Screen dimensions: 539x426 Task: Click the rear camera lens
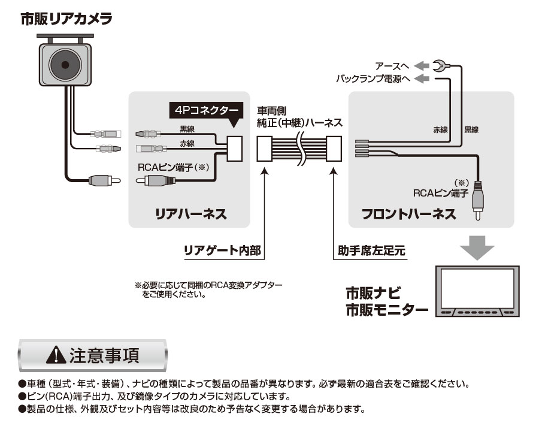click(x=65, y=65)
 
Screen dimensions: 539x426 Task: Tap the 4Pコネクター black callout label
click(x=206, y=110)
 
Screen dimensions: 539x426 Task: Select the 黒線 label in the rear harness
click(x=187, y=129)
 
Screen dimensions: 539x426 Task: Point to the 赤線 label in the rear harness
click(x=187, y=143)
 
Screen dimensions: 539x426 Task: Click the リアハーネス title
click(x=191, y=214)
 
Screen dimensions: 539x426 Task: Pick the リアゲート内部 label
click(x=222, y=250)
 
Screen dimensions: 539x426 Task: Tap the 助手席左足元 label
click(x=371, y=250)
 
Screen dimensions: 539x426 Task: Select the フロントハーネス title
click(x=408, y=214)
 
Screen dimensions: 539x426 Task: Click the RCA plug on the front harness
click(x=478, y=201)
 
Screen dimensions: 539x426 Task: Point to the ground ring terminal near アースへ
click(x=439, y=66)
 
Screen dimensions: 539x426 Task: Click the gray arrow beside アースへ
click(x=422, y=66)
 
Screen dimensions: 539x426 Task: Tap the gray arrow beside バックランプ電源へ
click(x=422, y=78)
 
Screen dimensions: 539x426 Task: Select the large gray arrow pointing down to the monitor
click(x=477, y=247)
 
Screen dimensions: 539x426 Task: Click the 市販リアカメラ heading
click(x=66, y=19)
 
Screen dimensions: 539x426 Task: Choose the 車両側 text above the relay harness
click(x=271, y=111)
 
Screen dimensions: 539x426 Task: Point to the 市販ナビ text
click(x=373, y=293)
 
